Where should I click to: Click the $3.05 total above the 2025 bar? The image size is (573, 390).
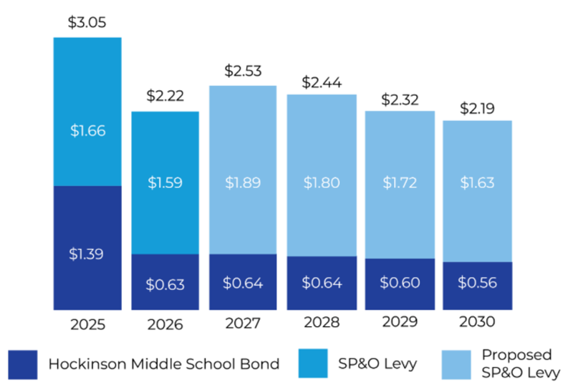87,22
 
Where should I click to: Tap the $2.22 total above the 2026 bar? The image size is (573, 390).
165,96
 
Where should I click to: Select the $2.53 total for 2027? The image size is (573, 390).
243,70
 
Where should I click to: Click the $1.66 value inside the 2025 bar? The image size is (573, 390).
87,131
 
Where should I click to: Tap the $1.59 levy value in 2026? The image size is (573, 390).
165,182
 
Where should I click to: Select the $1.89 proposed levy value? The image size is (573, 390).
243,182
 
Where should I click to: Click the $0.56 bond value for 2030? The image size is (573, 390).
477,283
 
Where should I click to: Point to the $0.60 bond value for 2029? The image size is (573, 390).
400,283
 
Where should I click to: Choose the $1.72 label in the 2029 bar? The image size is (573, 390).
400,182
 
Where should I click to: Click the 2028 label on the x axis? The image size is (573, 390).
322,323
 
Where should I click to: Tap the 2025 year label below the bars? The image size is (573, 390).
87,324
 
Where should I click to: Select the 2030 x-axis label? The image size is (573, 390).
477,323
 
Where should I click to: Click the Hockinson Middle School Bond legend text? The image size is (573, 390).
164,364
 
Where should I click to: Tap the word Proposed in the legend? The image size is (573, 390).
517,355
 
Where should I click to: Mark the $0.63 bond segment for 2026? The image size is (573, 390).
165,283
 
